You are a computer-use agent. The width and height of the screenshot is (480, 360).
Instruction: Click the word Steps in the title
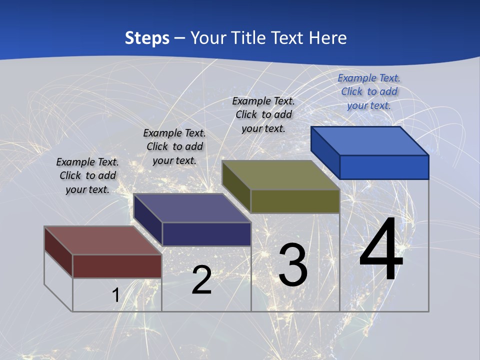coord(147,38)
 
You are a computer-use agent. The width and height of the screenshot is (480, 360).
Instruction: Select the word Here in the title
coord(328,38)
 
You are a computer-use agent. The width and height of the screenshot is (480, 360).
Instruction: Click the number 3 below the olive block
coord(293,264)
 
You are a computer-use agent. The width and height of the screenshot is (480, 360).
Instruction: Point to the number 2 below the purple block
coord(201,280)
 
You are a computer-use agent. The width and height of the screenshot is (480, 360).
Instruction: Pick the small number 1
coord(115,295)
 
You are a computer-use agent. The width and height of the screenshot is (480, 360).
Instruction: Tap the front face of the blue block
coord(384,167)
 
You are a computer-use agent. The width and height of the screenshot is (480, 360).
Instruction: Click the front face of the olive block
coord(295,201)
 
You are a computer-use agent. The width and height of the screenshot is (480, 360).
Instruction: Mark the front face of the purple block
coord(206,234)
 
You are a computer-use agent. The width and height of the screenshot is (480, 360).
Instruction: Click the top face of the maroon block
coord(103,240)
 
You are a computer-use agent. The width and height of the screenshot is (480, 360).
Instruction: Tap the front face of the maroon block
coord(117,266)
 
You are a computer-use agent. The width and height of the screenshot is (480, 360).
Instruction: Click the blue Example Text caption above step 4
coord(369,91)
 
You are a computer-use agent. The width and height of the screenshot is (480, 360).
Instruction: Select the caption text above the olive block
coord(263,114)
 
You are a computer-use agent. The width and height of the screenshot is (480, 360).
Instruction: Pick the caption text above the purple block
coord(174,146)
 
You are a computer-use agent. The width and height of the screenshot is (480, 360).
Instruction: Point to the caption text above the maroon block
coord(87,175)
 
